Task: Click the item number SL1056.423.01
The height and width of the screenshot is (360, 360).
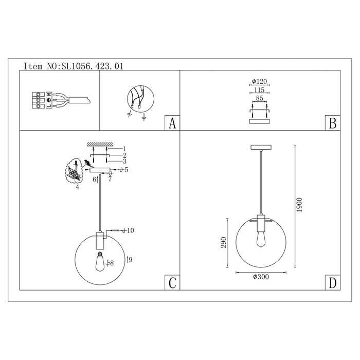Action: pyautogui.click(x=92, y=66)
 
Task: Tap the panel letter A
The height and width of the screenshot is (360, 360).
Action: pyautogui.click(x=172, y=123)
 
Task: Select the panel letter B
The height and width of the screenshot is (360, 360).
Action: pyautogui.click(x=333, y=123)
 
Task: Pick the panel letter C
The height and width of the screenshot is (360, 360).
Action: pyautogui.click(x=172, y=283)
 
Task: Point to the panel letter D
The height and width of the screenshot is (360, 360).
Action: pyautogui.click(x=333, y=283)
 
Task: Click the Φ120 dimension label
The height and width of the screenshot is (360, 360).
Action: pyautogui.click(x=259, y=81)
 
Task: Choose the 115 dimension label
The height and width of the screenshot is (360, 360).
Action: pyautogui.click(x=259, y=90)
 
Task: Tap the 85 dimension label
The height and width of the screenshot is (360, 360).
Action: pyautogui.click(x=259, y=98)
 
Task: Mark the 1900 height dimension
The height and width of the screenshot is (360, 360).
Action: pyautogui.click(x=299, y=205)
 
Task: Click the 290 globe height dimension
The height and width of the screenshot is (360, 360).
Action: pyautogui.click(x=224, y=242)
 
